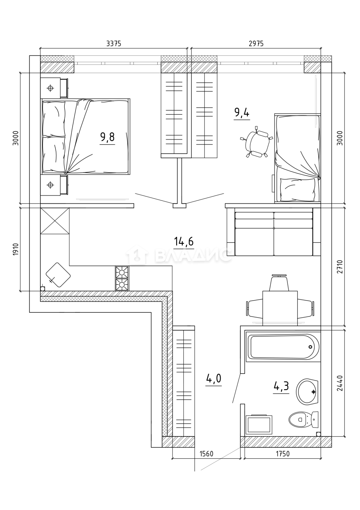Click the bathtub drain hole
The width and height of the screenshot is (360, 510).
[x=310, y=347]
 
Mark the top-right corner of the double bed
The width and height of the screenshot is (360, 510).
[x=130, y=99]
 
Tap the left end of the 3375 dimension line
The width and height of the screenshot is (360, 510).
[x=40, y=48]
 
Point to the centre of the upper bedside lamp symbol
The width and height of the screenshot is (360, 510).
[x=50, y=88]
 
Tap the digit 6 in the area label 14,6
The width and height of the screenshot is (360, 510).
[x=191, y=241]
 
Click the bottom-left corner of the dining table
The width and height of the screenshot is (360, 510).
[x=263, y=326]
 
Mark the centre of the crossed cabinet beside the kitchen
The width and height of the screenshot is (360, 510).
[x=55, y=221]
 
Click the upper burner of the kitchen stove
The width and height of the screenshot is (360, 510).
[x=122, y=272]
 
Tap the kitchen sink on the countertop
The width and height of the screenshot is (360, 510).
[x=58, y=275]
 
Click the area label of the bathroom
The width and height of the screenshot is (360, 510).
[x=281, y=386]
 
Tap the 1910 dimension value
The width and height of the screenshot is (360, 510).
[x=16, y=249]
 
